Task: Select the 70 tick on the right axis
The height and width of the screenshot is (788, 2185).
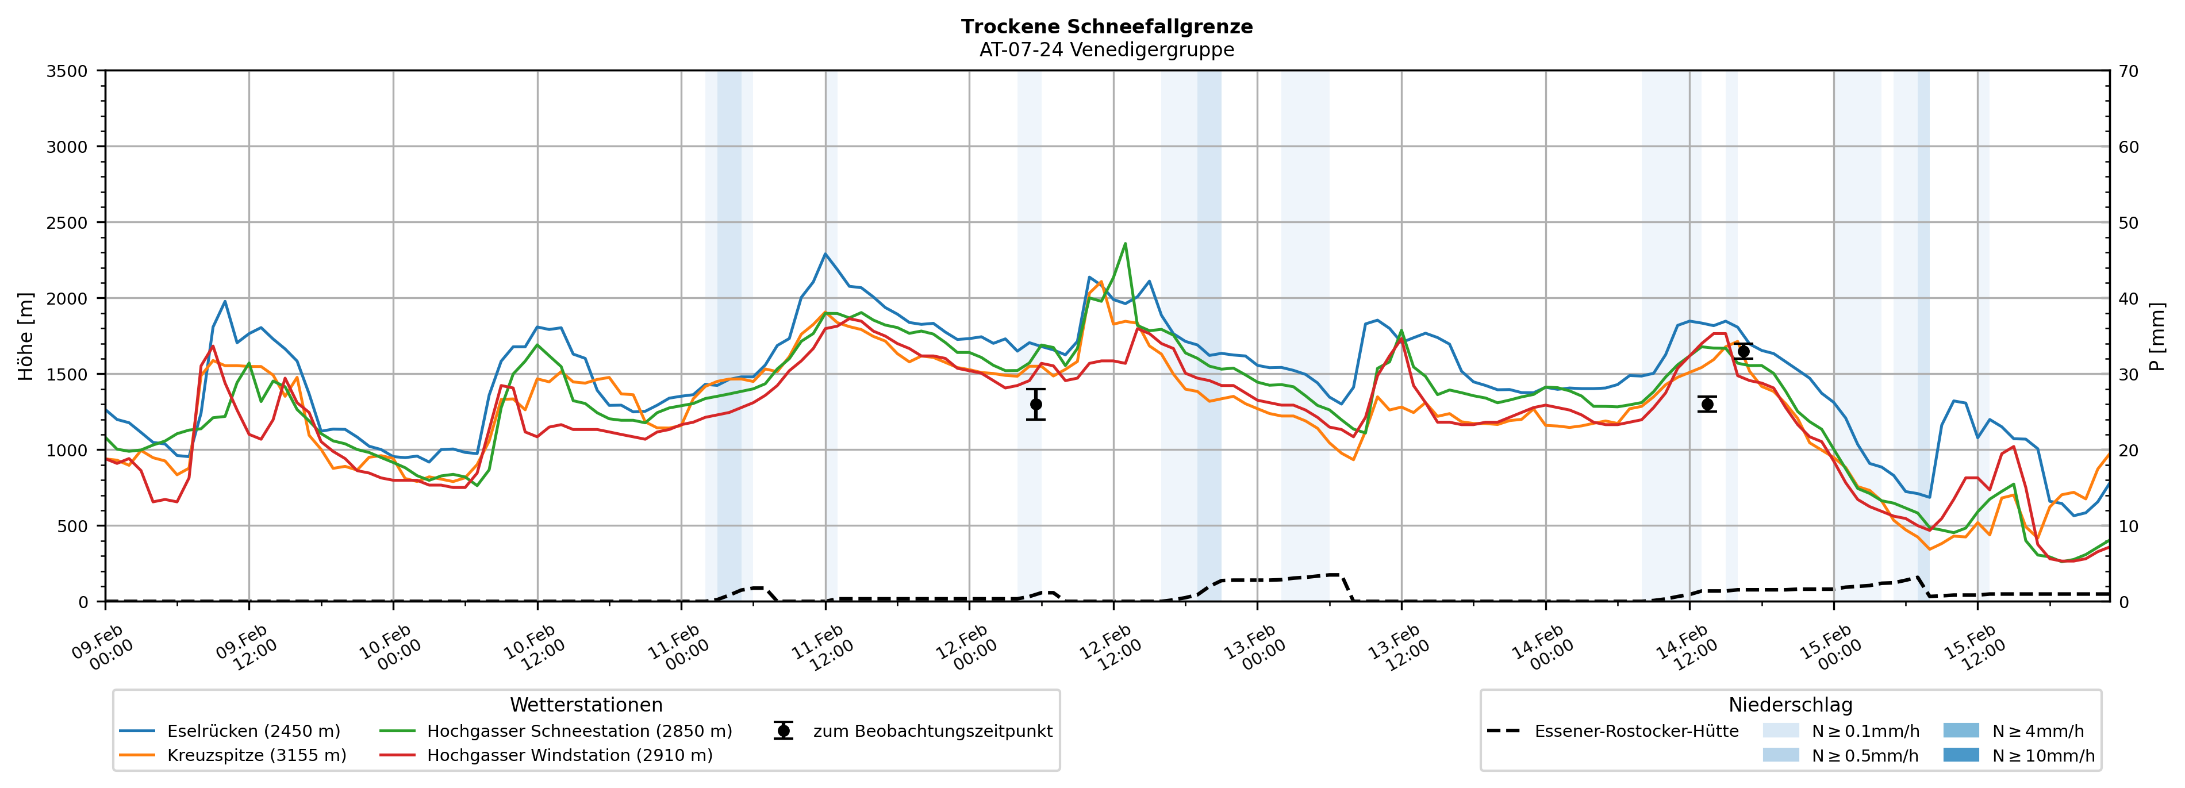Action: [x=2128, y=71]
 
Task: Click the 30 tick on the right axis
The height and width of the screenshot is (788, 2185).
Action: [x=2128, y=374]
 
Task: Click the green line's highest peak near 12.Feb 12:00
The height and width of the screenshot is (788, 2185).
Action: [x=1125, y=244]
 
